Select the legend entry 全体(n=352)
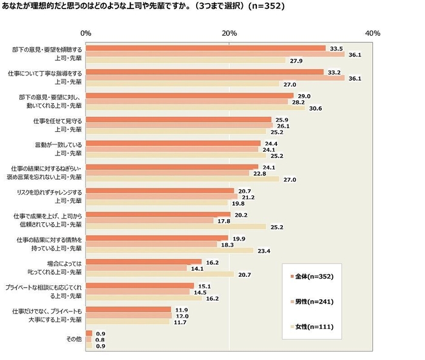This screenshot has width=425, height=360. coord(312,276)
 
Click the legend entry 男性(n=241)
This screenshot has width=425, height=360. coord(312,301)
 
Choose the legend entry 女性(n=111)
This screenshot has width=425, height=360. coord(312,327)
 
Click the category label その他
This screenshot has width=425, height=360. coord(74,339)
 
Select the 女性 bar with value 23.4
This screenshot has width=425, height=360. coord(169,250)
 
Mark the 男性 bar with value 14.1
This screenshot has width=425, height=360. coord(136,268)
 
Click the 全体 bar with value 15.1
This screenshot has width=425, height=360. coord(140,285)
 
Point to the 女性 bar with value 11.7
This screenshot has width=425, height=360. coord(127,322)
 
